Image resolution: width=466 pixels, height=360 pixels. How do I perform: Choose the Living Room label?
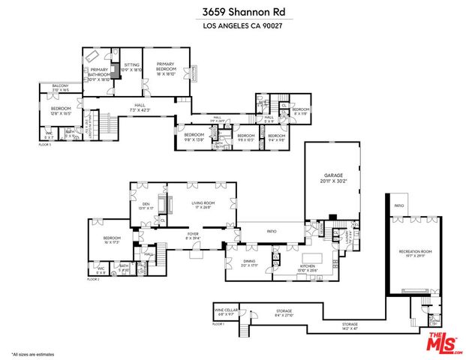203,205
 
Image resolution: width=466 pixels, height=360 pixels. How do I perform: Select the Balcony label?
61,88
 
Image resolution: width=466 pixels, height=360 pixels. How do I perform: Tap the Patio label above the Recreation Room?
399,205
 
